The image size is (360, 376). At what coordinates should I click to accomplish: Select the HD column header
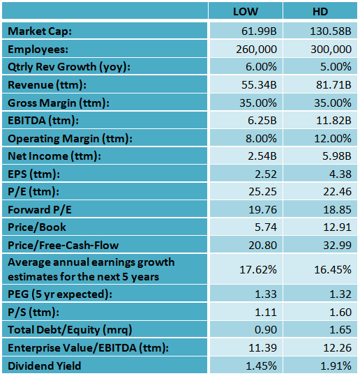(320, 13)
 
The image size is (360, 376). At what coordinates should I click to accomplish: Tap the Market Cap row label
(40, 31)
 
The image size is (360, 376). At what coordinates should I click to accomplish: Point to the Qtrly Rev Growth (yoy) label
(69, 67)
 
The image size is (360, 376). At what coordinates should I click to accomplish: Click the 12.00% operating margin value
(332, 138)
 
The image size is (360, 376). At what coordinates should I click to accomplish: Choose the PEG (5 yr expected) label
(60, 294)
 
